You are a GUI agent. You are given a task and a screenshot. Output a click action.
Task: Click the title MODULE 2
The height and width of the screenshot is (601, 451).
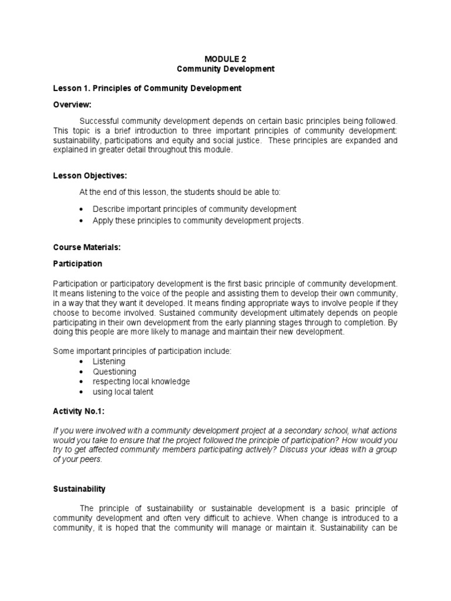225,59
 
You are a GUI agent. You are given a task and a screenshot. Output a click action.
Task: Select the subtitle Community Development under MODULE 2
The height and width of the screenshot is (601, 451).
225,69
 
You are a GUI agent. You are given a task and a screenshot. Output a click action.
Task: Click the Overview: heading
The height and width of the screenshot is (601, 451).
72,104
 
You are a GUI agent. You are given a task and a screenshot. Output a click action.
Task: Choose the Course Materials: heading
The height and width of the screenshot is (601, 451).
87,248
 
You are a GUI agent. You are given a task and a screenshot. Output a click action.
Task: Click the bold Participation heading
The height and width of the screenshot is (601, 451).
78,264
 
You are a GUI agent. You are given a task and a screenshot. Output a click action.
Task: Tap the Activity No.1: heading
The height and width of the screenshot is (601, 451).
79,412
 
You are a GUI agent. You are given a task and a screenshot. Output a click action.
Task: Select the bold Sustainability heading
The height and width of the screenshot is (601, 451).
79,488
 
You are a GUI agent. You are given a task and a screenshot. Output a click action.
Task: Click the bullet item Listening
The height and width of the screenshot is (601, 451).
109,362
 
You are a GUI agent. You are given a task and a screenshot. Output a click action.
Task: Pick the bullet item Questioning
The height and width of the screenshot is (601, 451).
114,372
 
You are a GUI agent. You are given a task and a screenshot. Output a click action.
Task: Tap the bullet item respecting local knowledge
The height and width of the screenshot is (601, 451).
141,381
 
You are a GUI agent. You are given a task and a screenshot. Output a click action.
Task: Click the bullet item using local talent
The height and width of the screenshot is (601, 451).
123,391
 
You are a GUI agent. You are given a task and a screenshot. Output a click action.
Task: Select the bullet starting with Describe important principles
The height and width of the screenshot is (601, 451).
194,209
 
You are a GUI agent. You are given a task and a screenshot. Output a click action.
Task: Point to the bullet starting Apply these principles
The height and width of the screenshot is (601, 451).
198,221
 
